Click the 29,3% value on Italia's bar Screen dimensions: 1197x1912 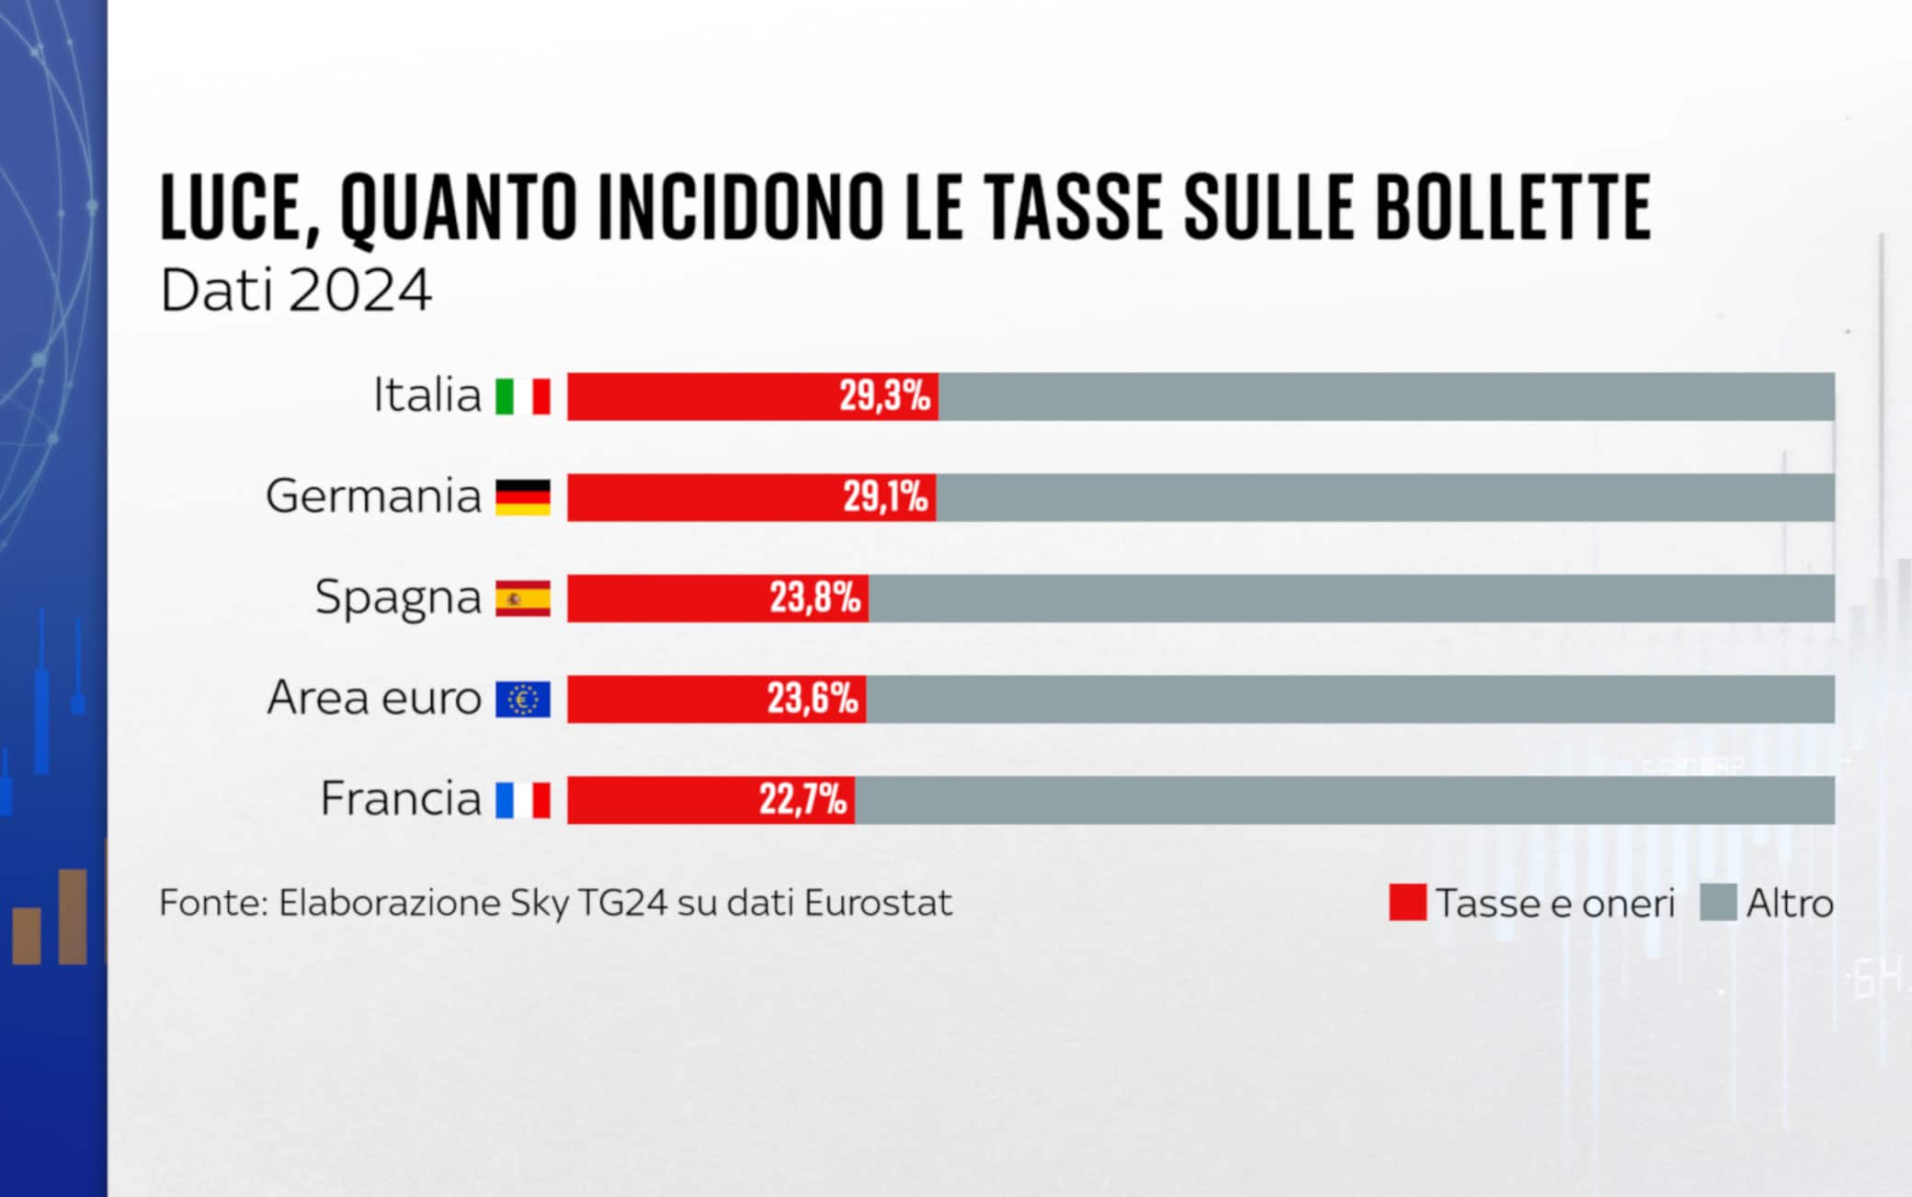coord(884,396)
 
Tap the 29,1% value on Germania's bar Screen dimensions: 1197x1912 coord(886,497)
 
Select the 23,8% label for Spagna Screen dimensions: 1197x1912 coord(814,598)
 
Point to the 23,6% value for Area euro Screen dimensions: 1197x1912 coord(813,699)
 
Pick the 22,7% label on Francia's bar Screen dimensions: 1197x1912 coord(802,800)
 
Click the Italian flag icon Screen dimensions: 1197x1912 coord(523,396)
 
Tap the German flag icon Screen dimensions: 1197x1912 coord(523,497)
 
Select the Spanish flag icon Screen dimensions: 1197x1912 coord(523,598)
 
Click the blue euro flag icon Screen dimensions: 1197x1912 coord(523,699)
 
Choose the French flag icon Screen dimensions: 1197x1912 coord(523,800)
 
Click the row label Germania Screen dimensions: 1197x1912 coord(373,496)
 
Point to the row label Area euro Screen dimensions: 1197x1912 coord(374,698)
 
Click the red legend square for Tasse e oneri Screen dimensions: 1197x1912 coord(1407,902)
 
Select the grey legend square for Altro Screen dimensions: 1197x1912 coord(1718,902)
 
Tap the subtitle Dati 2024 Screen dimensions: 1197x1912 coord(295,291)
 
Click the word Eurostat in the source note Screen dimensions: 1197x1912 coord(878,903)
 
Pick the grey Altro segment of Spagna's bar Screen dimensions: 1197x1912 coord(1351,598)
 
